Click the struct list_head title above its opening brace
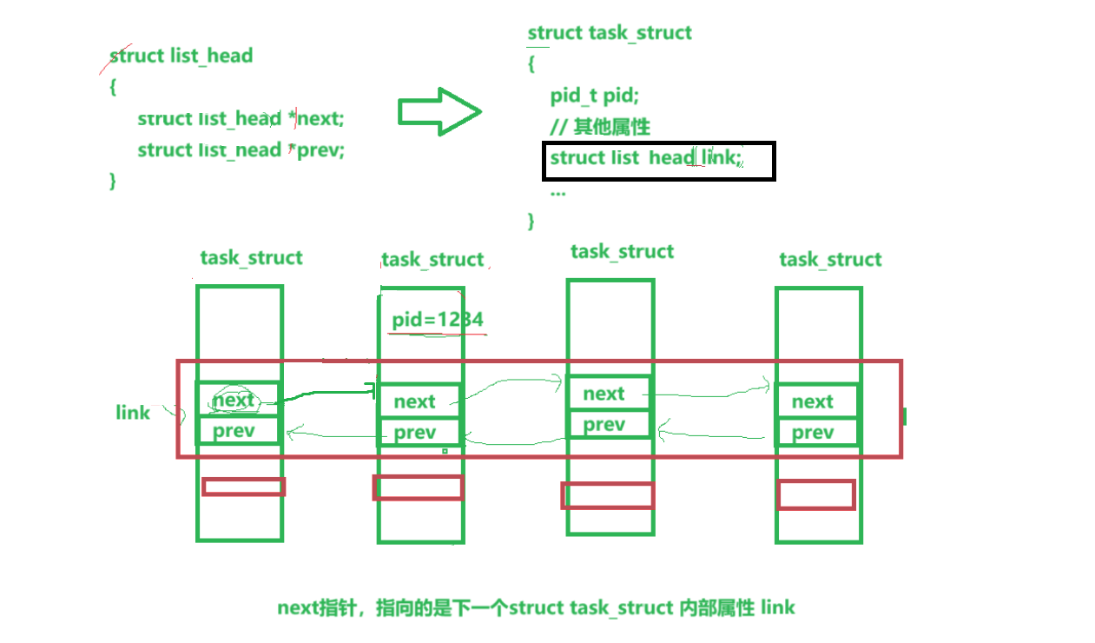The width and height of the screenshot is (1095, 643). (x=181, y=56)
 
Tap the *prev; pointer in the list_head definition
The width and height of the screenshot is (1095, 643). (x=319, y=149)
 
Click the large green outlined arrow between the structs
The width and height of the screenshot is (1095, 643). (x=439, y=111)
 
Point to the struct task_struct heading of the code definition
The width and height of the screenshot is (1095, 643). (x=610, y=33)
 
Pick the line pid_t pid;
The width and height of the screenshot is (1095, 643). (x=594, y=96)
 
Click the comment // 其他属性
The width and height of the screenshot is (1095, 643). (x=599, y=127)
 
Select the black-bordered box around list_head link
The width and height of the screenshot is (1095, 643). (x=658, y=161)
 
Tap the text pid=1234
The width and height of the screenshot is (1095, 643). (x=437, y=320)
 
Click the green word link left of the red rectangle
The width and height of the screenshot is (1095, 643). (x=133, y=412)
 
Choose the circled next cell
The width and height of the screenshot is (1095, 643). (x=234, y=400)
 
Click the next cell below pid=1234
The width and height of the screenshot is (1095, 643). (x=415, y=401)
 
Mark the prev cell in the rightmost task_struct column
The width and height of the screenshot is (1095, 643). (x=813, y=433)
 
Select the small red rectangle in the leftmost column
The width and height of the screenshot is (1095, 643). (x=243, y=487)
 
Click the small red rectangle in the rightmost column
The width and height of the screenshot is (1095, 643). (x=815, y=495)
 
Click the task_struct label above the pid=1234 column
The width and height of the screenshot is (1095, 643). (x=432, y=260)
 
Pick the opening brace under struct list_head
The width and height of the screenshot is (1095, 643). (x=113, y=87)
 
